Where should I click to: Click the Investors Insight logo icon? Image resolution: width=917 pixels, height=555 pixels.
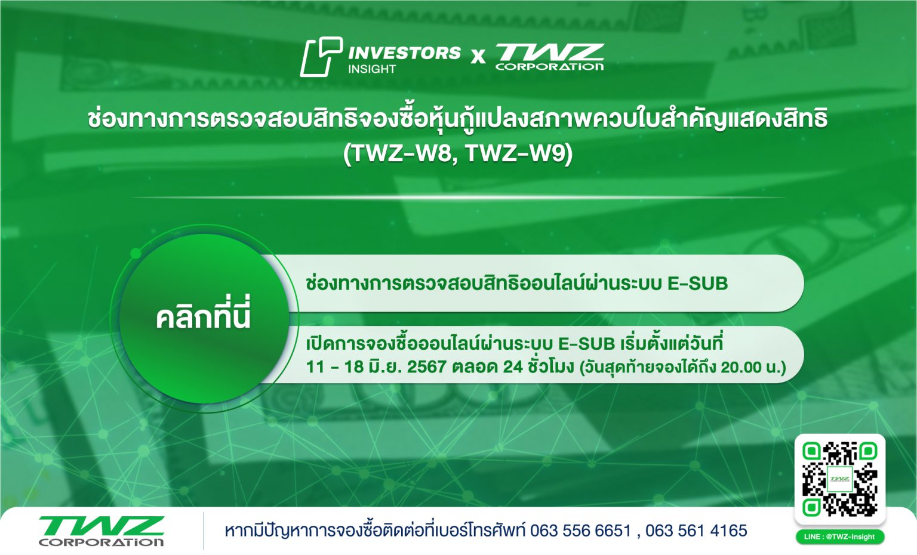[x=321, y=57]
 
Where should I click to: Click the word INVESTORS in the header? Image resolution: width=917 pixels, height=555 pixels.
[x=404, y=53]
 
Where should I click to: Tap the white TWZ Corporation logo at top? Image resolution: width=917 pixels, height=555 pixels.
[x=549, y=57]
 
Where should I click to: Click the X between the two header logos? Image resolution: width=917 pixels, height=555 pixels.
[x=478, y=57]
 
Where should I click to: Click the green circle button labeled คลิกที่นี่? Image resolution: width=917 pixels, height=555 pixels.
[x=204, y=317]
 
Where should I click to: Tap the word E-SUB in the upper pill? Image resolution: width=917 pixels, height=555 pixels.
[x=697, y=283]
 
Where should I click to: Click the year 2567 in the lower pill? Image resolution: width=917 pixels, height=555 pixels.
[x=426, y=366]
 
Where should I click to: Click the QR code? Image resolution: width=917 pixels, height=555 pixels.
[x=839, y=479]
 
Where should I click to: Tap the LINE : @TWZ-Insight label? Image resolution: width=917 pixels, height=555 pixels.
[x=839, y=536]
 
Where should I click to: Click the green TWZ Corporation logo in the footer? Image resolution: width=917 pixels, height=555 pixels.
[x=101, y=531]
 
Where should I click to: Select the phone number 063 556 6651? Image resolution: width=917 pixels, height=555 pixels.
[x=580, y=531]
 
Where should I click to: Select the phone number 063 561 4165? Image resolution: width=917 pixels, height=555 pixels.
[x=696, y=531]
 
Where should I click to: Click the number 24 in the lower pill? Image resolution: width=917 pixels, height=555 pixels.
[x=513, y=366]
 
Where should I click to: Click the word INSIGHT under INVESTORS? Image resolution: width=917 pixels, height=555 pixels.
[x=372, y=69]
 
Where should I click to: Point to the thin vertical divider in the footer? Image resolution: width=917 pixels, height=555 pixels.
[x=204, y=531]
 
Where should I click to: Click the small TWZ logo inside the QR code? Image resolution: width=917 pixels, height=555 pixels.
[x=839, y=479]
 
